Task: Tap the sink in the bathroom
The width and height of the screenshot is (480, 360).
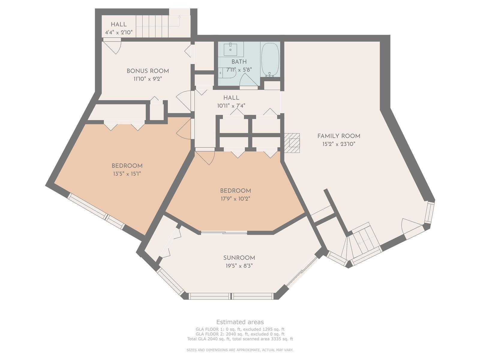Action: click(230, 49)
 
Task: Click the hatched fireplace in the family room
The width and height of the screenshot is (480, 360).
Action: click(292, 143)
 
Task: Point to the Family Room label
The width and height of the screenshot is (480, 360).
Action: click(339, 136)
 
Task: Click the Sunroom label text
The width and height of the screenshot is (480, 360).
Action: click(239, 258)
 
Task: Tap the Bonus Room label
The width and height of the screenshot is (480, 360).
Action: click(148, 71)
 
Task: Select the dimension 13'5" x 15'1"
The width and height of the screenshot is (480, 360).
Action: click(127, 174)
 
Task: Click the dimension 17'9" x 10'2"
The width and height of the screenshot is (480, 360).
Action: click(235, 199)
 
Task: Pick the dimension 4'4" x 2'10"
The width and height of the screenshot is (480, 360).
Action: click(119, 32)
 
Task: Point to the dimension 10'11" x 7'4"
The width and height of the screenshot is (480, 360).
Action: click(231, 106)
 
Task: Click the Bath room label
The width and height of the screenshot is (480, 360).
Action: click(239, 61)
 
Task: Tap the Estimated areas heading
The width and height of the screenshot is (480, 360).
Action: click(240, 322)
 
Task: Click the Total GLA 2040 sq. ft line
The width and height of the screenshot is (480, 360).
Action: click(240, 339)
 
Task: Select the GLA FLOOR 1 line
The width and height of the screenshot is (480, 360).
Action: click(240, 329)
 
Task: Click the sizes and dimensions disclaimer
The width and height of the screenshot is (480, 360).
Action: click(240, 350)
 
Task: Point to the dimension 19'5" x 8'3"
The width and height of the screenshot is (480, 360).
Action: click(239, 266)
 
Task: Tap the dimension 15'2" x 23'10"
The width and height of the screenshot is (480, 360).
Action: click(339, 144)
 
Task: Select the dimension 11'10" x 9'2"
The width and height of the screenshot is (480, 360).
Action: click(148, 79)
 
